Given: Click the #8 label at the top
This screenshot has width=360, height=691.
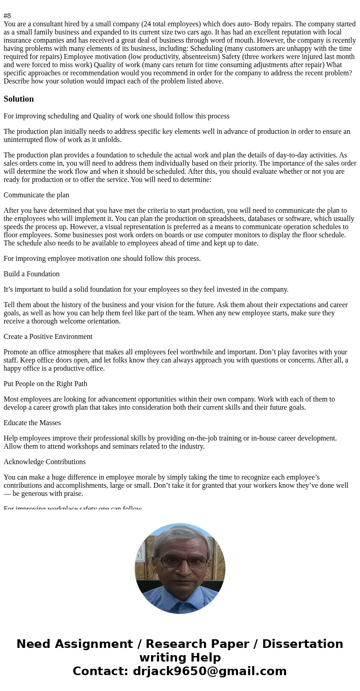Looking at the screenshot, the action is (7, 16).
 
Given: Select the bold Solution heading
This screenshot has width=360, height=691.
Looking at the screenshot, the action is (19, 99).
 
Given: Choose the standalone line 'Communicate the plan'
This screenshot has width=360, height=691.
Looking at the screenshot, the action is (36, 195).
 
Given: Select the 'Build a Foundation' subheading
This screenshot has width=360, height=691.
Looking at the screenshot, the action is (32, 274).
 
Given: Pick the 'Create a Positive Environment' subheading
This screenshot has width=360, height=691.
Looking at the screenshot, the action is (48, 337).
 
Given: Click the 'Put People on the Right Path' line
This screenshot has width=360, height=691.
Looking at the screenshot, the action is (45, 384).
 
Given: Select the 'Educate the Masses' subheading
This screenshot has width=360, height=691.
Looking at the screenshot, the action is (32, 423).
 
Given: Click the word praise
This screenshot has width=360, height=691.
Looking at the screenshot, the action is (73, 494).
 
